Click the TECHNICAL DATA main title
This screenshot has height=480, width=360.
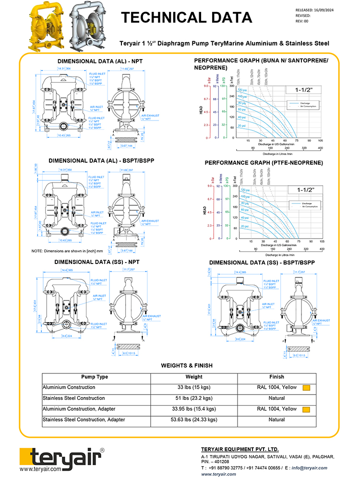pos(186,18)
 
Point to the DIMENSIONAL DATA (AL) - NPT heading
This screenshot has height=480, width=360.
pos(100,61)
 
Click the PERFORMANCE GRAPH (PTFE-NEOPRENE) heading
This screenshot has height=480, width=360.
pos(264,163)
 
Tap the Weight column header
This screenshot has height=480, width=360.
pos(193,377)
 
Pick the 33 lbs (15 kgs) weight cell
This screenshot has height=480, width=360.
pos(194,387)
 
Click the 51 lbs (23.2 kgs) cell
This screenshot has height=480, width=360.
pos(194,398)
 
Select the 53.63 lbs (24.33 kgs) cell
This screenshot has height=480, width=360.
pos(194,420)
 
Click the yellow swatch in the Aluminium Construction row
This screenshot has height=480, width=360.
pos(306,388)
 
